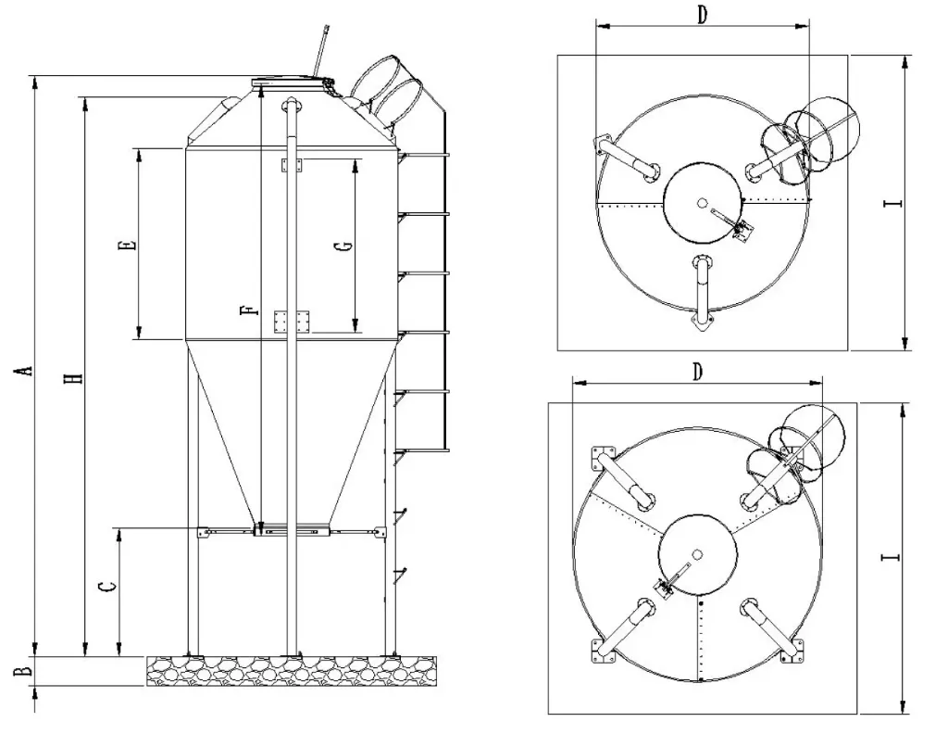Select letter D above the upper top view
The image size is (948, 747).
(x=702, y=16)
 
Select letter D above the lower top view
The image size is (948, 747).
(x=698, y=371)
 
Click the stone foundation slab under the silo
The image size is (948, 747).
(x=293, y=670)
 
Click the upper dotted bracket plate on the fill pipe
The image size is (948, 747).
(x=293, y=164)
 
